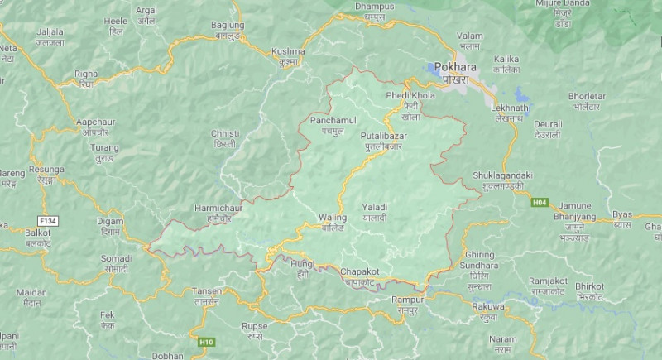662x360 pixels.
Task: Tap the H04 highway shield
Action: pyautogui.click(x=541, y=200)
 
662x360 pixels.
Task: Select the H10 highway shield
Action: pyautogui.click(x=206, y=341)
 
